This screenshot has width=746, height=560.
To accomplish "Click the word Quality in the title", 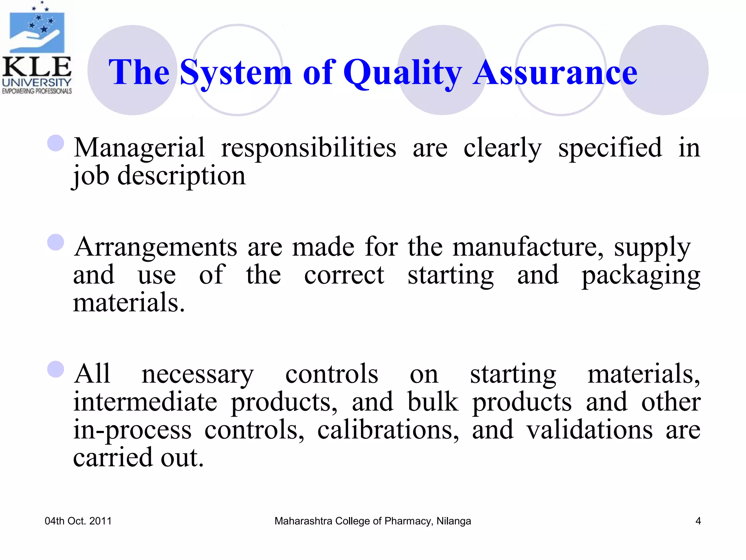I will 403,73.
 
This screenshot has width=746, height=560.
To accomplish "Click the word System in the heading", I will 236,73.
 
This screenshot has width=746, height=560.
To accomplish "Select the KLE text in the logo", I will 37,67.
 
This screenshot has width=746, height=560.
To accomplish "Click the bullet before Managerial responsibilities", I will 56,143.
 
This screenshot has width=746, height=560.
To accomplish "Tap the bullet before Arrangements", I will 56,242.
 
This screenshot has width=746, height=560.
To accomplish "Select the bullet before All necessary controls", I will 56,369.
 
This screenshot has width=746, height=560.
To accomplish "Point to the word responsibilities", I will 309,148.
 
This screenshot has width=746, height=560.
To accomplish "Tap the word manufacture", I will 528,247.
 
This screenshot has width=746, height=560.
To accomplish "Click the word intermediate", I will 145,402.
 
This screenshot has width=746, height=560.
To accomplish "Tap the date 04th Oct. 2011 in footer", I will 78,521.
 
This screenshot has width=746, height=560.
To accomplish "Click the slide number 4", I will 698,521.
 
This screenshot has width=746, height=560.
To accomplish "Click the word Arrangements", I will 156,247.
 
